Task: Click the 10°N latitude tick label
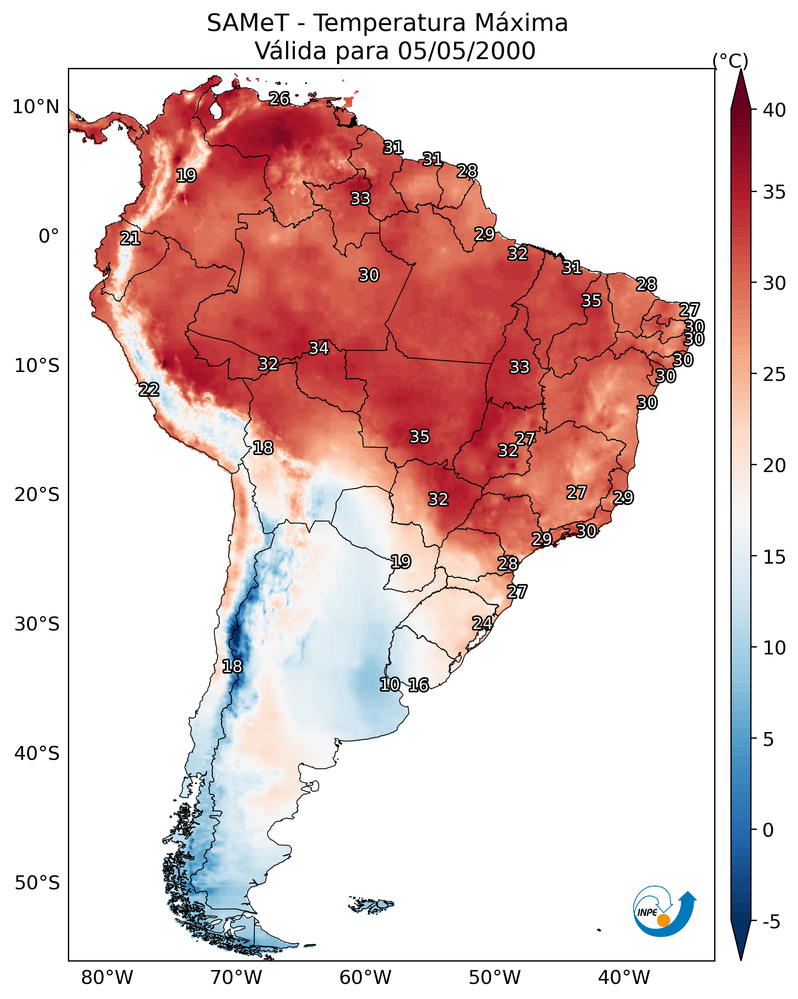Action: (36, 107)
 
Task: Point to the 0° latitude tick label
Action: (49, 236)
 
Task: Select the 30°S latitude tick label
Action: (37, 624)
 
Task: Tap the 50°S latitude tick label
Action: (37, 883)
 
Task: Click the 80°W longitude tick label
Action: (107, 978)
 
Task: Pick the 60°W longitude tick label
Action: (366, 978)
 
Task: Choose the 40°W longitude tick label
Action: (624, 978)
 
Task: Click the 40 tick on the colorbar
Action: (774, 110)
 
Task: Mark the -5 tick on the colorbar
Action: (771, 922)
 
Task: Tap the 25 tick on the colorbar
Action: (774, 374)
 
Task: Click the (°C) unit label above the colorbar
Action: (730, 61)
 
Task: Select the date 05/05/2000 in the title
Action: (466, 51)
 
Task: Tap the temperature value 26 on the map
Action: (279, 99)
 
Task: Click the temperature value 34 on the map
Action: (319, 348)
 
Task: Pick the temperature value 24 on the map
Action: (482, 623)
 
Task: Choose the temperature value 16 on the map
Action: (418, 685)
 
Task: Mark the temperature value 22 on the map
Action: (149, 390)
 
